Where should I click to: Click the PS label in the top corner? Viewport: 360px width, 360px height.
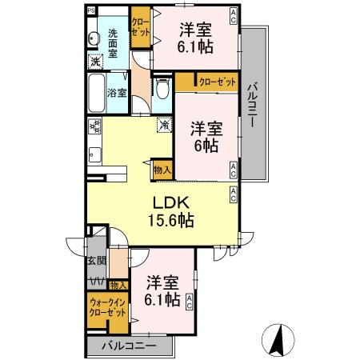90,11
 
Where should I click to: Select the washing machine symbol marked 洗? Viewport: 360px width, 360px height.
95,62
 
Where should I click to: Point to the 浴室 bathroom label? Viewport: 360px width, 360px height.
117,93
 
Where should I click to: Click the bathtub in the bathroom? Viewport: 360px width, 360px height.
94,93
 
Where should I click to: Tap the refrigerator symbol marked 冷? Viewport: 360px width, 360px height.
163,125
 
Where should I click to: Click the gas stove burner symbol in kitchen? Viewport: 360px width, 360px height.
94,126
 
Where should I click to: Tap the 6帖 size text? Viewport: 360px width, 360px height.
205,146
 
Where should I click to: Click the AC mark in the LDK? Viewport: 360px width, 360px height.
232,191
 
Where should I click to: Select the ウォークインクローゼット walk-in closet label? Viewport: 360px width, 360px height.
108,306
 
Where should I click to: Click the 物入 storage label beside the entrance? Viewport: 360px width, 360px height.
118,285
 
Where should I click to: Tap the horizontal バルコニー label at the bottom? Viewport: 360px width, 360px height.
129,347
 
